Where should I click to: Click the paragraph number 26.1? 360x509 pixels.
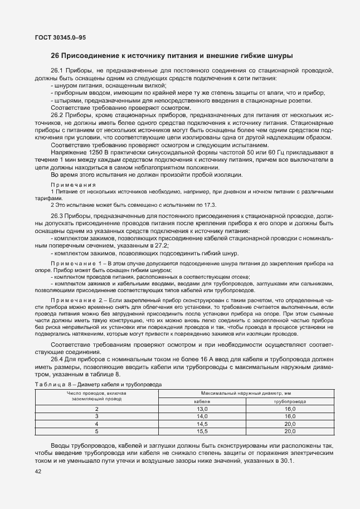pos(57,71)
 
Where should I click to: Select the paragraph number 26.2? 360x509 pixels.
pos(57,114)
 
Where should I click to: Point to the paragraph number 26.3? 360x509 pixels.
pos(57,215)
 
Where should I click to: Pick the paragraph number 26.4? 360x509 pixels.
pos(57,359)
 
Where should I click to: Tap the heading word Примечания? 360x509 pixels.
pos(73,184)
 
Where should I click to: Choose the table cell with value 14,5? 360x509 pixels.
pos(202,423)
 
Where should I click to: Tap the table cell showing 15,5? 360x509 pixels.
pos(202,431)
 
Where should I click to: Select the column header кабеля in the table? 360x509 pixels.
pos(202,401)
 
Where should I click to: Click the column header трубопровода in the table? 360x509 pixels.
pos(290,401)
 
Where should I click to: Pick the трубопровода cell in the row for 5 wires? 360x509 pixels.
pos(290,431)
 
